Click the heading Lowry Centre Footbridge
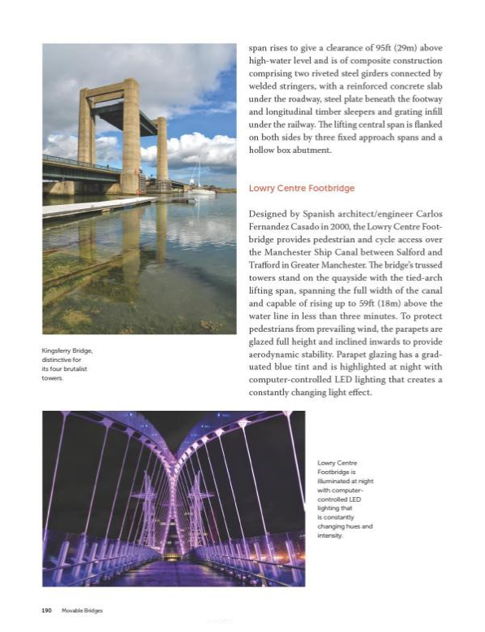301,189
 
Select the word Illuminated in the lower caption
335,482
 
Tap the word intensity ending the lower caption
333,536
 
